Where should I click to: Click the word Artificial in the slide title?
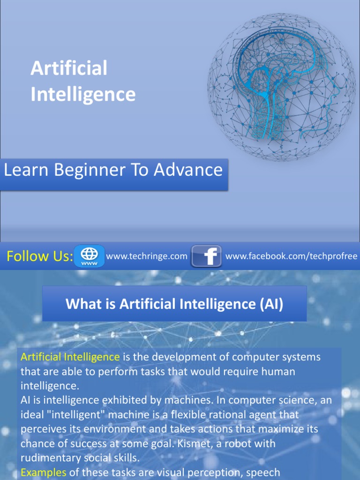tap(69, 68)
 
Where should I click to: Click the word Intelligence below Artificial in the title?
tap(83, 94)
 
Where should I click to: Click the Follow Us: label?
tap(39, 256)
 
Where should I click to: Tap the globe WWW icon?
tap(89, 256)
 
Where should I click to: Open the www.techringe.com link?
tap(147, 256)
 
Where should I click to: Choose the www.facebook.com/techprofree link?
tap(291, 256)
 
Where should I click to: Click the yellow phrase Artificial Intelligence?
tap(70, 357)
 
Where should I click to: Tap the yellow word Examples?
tap(44, 472)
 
